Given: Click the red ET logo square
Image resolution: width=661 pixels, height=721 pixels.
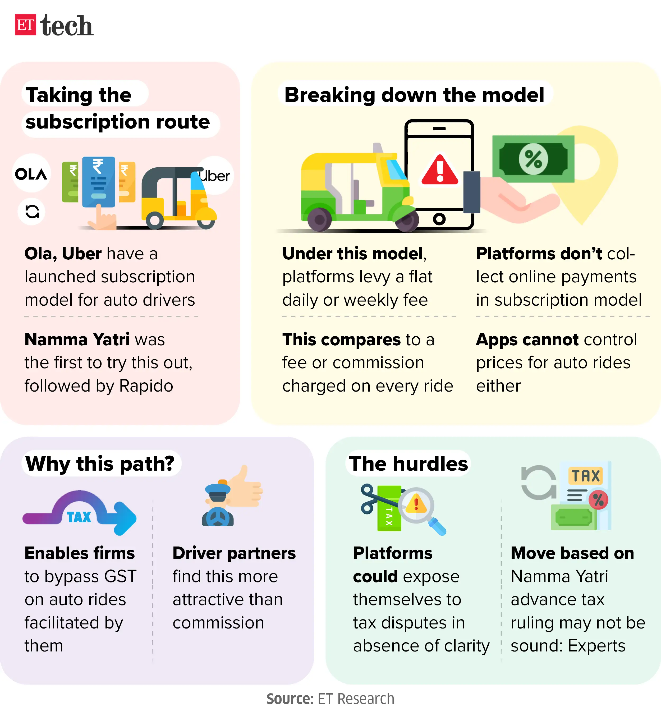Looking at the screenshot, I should click(x=25, y=25).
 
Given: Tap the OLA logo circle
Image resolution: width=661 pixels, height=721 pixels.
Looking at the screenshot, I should click(x=31, y=174).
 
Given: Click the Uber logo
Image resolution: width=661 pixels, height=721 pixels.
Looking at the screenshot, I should click(x=215, y=176).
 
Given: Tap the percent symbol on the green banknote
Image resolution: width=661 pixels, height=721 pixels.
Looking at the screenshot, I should click(x=533, y=159).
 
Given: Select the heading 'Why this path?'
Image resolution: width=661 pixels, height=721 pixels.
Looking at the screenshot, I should click(x=100, y=463).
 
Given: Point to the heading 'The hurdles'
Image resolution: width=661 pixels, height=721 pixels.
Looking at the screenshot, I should click(x=408, y=463).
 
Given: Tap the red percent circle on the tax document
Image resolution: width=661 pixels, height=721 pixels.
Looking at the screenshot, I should click(x=598, y=500).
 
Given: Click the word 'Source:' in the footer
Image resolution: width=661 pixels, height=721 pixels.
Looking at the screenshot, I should click(x=290, y=699).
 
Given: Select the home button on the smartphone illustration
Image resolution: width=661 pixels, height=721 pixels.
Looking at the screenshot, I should click(x=439, y=218).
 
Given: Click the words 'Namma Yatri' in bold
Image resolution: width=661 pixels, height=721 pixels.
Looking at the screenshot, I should click(x=77, y=339).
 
